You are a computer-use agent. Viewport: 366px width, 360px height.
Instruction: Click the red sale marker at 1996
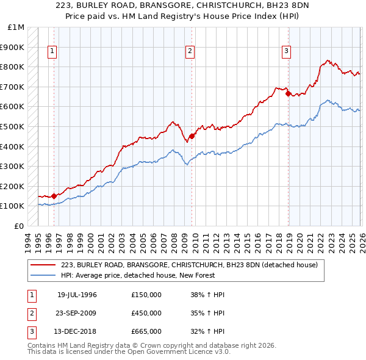54,196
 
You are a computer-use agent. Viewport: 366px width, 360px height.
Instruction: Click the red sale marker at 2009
192,136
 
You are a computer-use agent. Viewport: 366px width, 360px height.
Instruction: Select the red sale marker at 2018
288,93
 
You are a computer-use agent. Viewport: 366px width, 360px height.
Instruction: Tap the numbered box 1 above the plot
52,52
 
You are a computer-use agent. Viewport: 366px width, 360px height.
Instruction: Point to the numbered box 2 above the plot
190,52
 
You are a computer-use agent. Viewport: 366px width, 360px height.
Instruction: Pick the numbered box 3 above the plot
286,52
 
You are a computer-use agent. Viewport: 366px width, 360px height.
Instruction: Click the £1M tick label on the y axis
16,27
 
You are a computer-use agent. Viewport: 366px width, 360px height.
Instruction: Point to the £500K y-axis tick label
13,127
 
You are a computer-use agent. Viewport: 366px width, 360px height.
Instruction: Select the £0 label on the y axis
20,226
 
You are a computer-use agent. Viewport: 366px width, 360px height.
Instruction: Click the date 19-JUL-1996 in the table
77,295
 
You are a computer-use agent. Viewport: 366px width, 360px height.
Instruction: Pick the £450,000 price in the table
146,314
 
